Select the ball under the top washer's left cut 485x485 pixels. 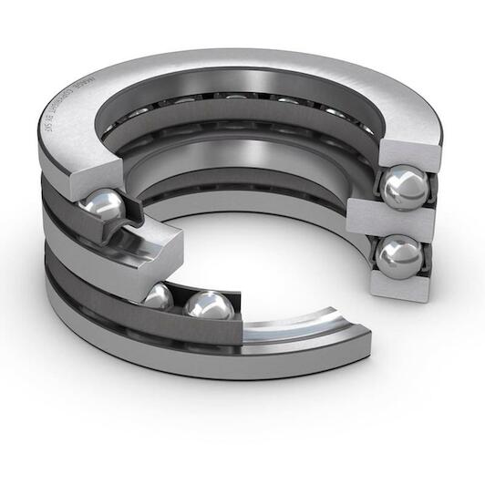(x=102, y=205)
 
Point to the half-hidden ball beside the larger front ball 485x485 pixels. (x=160, y=297)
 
